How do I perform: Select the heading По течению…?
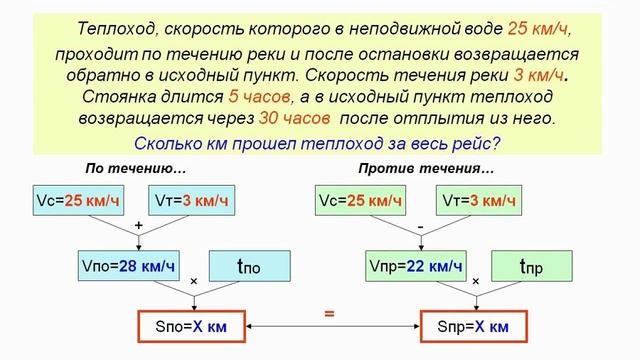[137, 167]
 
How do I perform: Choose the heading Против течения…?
[425, 167]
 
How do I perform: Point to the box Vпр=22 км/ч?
[416, 265]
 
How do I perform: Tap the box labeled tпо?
[249, 266]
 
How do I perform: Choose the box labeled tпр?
[531, 266]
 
